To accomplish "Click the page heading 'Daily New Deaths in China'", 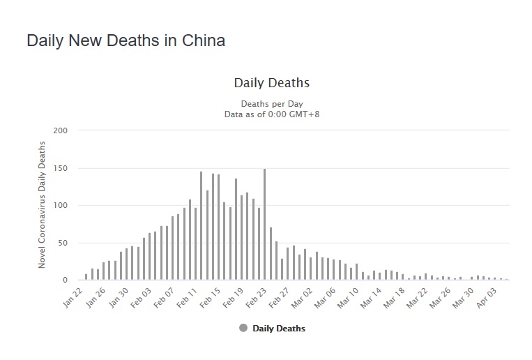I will click(126, 40).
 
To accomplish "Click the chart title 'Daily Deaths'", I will click(271, 83).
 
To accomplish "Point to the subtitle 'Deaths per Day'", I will click(271, 103).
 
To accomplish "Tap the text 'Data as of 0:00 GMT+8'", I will click(271, 114).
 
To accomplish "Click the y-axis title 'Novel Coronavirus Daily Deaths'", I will click(42, 204).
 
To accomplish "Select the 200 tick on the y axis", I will click(61, 130).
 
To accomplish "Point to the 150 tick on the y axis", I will click(61, 168).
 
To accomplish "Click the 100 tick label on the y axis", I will click(61, 206).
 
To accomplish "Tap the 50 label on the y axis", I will click(63, 243).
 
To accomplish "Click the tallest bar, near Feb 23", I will click(265, 223).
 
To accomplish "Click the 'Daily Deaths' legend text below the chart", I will click(278, 329).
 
